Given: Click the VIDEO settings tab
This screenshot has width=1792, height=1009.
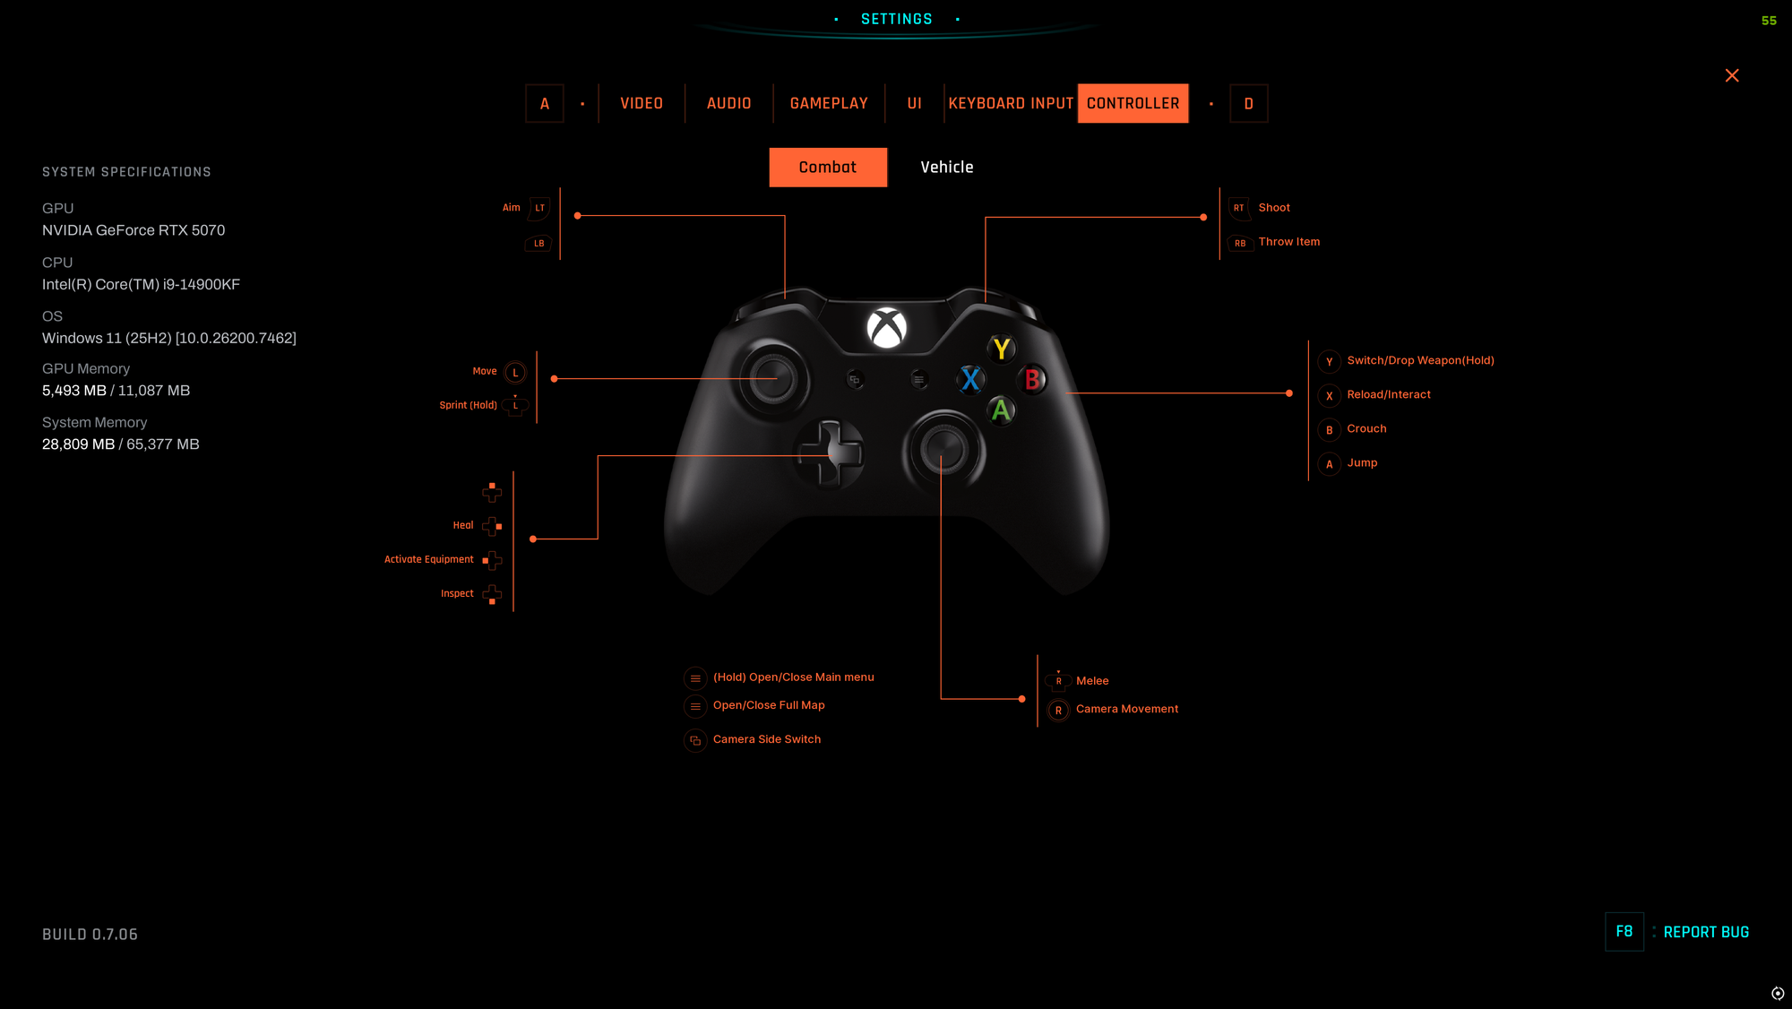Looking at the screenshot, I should point(642,103).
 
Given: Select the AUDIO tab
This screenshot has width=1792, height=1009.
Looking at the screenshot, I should point(728,103).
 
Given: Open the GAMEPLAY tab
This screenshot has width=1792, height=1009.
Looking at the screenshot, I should point(829,103).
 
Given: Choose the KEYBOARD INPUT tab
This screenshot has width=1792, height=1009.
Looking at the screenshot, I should point(1011,103).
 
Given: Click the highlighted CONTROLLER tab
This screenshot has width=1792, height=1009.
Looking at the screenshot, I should point(1133,103).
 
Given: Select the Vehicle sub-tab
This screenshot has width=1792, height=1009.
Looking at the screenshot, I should point(946,167).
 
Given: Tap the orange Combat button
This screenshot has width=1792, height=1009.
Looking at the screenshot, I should point(828,167).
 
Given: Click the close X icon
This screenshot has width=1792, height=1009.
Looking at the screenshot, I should point(1732,75).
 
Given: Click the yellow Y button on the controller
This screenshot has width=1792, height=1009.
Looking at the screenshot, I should point(1002,349).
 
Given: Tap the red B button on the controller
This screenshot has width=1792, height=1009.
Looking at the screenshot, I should point(1032,380).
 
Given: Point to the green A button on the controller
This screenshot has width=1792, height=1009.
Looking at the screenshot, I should point(1001,410).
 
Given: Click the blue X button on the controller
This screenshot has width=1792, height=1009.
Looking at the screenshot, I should point(969,380).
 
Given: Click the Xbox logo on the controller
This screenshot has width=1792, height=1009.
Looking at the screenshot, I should point(886,328).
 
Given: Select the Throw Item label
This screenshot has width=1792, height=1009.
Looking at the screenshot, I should point(1288,242).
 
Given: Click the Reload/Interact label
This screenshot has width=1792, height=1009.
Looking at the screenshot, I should point(1389,394).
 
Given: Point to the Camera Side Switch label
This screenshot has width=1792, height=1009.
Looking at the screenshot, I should point(766,739).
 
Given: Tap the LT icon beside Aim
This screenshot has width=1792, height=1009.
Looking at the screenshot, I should point(539,208).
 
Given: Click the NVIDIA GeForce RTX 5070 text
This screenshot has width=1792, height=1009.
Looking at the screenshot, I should point(134,230).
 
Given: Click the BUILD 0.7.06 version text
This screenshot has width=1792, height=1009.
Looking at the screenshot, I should point(90,934).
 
